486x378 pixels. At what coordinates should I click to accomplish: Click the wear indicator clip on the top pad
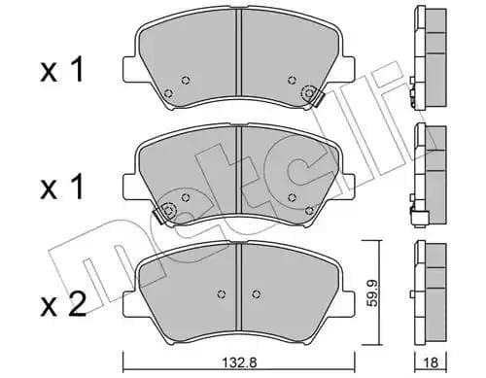311,94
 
